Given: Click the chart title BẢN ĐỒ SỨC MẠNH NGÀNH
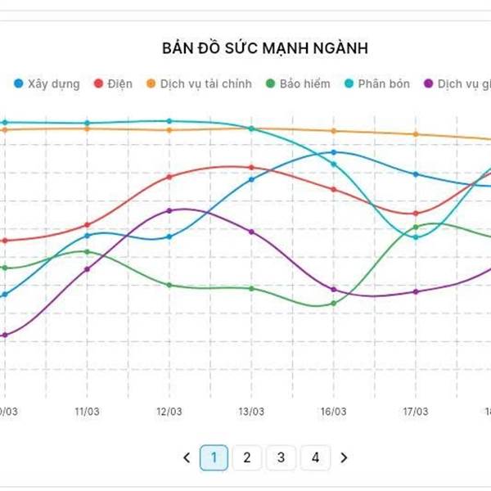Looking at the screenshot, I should [x=265, y=48].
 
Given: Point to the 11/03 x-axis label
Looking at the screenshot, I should [x=87, y=412].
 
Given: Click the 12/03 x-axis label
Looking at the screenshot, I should [x=169, y=412].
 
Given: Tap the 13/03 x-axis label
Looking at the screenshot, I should [x=250, y=412].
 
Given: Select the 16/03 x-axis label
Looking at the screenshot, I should [x=333, y=412].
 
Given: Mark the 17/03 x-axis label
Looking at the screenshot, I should [x=416, y=412].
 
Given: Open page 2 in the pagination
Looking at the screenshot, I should [x=247, y=457].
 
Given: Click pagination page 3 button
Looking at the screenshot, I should [x=281, y=457].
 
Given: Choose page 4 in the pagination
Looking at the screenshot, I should [x=315, y=457].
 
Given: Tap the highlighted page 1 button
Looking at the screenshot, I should [x=214, y=457].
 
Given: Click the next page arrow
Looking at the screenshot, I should [x=344, y=457].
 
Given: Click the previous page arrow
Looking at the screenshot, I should [x=187, y=457].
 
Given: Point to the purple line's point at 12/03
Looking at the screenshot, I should [x=169, y=210].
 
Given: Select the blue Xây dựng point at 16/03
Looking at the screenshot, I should [x=333, y=152].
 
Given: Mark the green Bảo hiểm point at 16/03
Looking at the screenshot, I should [x=333, y=304].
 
